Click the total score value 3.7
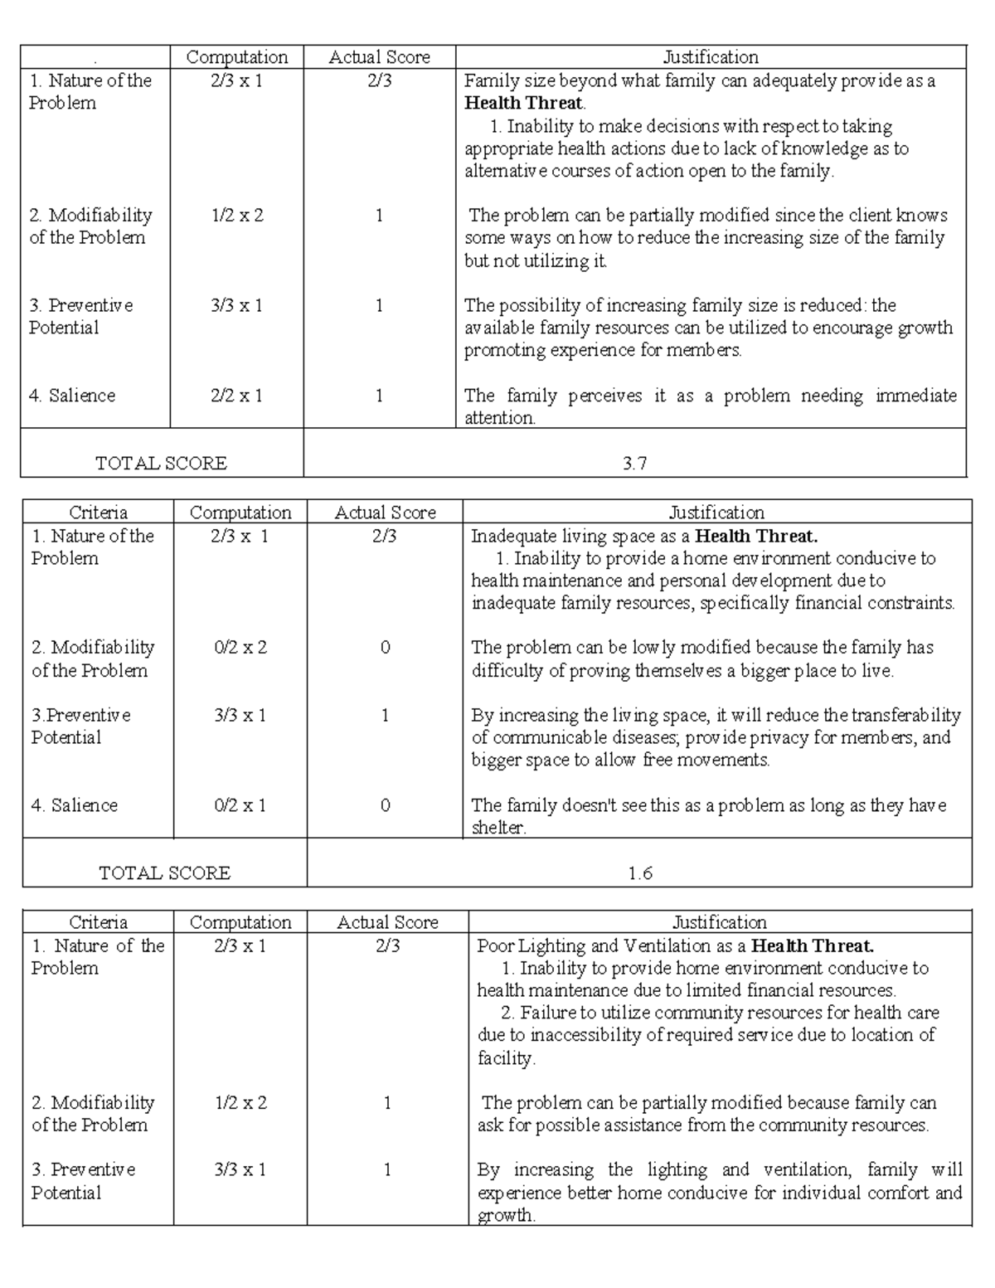pyautogui.click(x=634, y=464)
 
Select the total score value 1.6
pyautogui.click(x=640, y=873)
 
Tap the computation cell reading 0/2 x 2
pyautogui.click(x=240, y=648)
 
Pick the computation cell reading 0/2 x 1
pyautogui.click(x=240, y=805)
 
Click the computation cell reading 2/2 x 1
pyautogui.click(x=237, y=396)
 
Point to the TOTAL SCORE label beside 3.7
pyautogui.click(x=162, y=464)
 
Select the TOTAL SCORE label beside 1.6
pyautogui.click(x=165, y=873)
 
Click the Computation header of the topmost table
pyautogui.click(x=237, y=57)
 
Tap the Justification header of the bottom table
pyautogui.click(x=719, y=922)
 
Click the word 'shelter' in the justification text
pyautogui.click(x=498, y=828)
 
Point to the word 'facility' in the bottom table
pyautogui.click(x=505, y=1058)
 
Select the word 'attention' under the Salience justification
pyautogui.click(x=499, y=418)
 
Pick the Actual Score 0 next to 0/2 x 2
pyautogui.click(x=385, y=648)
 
